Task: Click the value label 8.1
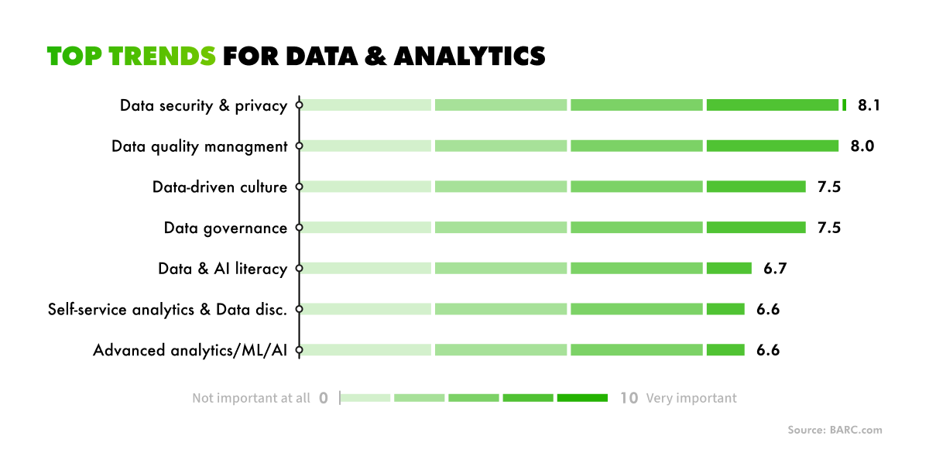pyautogui.click(x=869, y=105)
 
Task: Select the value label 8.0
pyautogui.click(x=862, y=146)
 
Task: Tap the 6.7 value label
pyautogui.click(x=775, y=269)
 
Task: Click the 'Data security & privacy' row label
pyautogui.click(x=204, y=106)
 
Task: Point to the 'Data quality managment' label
pyautogui.click(x=199, y=146)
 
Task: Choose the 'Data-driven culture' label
pyautogui.click(x=220, y=187)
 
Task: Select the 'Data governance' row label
pyautogui.click(x=225, y=228)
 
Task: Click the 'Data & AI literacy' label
pyautogui.click(x=222, y=269)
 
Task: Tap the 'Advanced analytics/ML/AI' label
pyautogui.click(x=190, y=350)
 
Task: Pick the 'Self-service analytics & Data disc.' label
pyautogui.click(x=167, y=309)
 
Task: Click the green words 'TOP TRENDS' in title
pyautogui.click(x=132, y=57)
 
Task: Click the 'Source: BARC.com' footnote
pyautogui.click(x=835, y=430)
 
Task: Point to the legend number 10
pyautogui.click(x=629, y=398)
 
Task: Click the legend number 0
pyautogui.click(x=324, y=398)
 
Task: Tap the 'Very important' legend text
pyautogui.click(x=691, y=398)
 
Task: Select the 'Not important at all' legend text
pyautogui.click(x=251, y=398)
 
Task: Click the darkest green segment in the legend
pyautogui.click(x=582, y=398)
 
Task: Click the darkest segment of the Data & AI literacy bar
pyautogui.click(x=728, y=269)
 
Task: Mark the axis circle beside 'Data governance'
pyautogui.click(x=299, y=228)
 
